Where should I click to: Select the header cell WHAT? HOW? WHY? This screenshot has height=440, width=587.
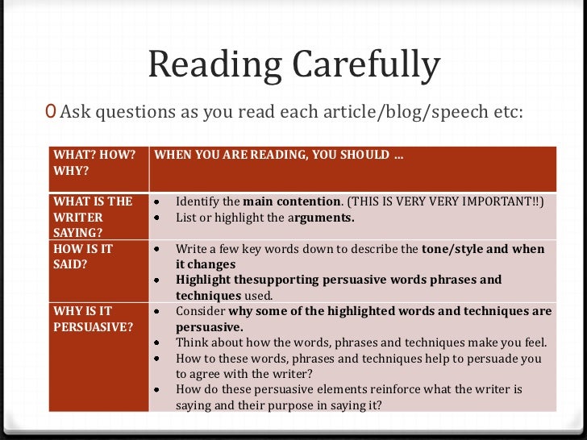[x=94, y=163]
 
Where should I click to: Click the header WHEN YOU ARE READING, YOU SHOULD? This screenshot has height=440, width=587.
[x=278, y=155]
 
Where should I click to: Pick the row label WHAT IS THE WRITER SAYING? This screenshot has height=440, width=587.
[x=93, y=217]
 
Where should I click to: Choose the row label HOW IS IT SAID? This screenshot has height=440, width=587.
[x=85, y=256]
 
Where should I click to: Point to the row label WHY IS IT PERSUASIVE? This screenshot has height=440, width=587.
[x=92, y=318]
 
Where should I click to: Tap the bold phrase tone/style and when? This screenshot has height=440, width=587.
[x=483, y=249]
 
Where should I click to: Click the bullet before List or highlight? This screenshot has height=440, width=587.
[x=159, y=218]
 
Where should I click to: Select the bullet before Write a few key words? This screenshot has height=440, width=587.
[x=159, y=249]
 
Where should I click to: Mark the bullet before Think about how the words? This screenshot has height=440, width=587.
[x=159, y=342]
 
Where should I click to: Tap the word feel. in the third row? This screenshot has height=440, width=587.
[x=532, y=342]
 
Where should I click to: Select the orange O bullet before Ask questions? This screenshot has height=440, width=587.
[x=52, y=111]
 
